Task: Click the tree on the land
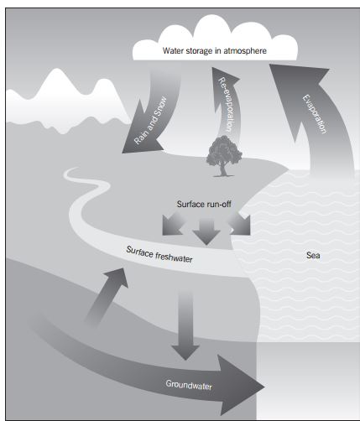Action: pos(224,156)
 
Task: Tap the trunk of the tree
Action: pos(223,170)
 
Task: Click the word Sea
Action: pos(313,255)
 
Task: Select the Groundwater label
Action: pos(189,385)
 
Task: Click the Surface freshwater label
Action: pos(159,255)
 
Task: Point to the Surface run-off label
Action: pos(204,204)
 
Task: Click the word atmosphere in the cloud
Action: pos(245,51)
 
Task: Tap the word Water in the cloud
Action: pos(174,51)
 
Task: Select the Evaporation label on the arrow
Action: pos(315,114)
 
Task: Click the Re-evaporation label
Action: pos(226,104)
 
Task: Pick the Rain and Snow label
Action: pos(150,121)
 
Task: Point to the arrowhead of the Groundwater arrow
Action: pos(240,386)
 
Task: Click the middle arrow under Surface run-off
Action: pos(206,231)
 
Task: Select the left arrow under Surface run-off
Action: pos(173,224)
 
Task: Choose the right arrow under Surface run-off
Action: pos(240,224)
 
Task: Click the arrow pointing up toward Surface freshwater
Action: pos(107,296)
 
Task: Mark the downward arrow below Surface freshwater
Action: pos(185,325)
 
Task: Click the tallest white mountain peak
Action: pos(58,73)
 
